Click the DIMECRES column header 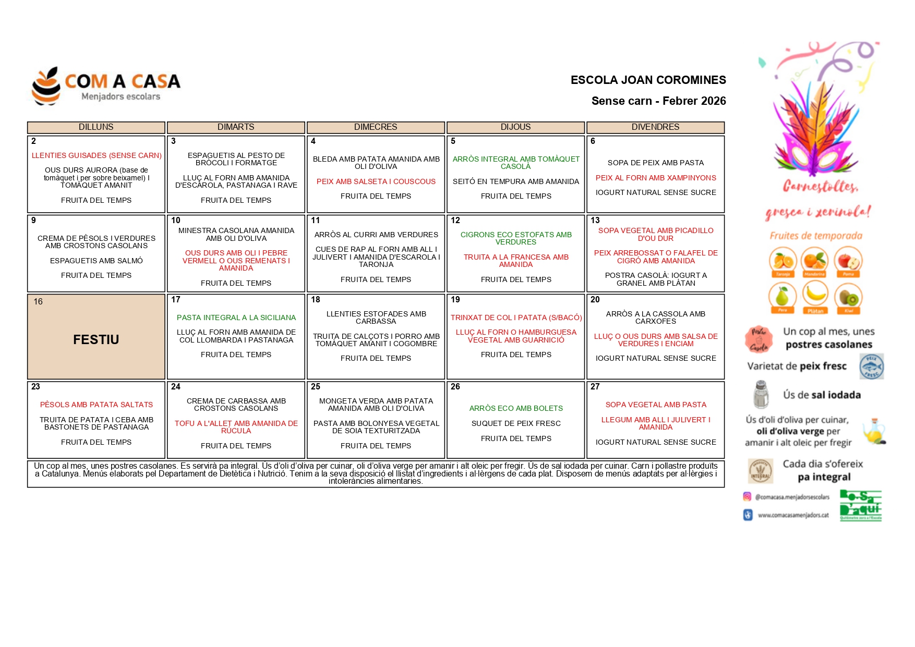[x=376, y=127]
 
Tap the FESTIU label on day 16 [x=96, y=339]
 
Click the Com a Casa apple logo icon [x=46, y=86]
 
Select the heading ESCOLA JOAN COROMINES [x=648, y=80]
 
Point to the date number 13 [x=595, y=221]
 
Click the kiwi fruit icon [x=848, y=297]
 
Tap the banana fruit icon [x=815, y=295]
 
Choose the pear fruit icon [x=782, y=296]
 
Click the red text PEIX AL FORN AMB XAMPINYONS [x=656, y=178]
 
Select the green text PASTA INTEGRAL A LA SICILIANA [x=236, y=318]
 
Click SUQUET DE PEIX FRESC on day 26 [x=516, y=423]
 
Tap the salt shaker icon [x=761, y=394]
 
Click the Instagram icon [x=747, y=497]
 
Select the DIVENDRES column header [x=655, y=127]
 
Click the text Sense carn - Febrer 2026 [x=658, y=101]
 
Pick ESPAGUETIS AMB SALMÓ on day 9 [x=96, y=261]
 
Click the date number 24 [x=176, y=387]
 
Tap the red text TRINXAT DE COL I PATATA [x=516, y=318]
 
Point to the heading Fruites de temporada [x=816, y=236]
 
